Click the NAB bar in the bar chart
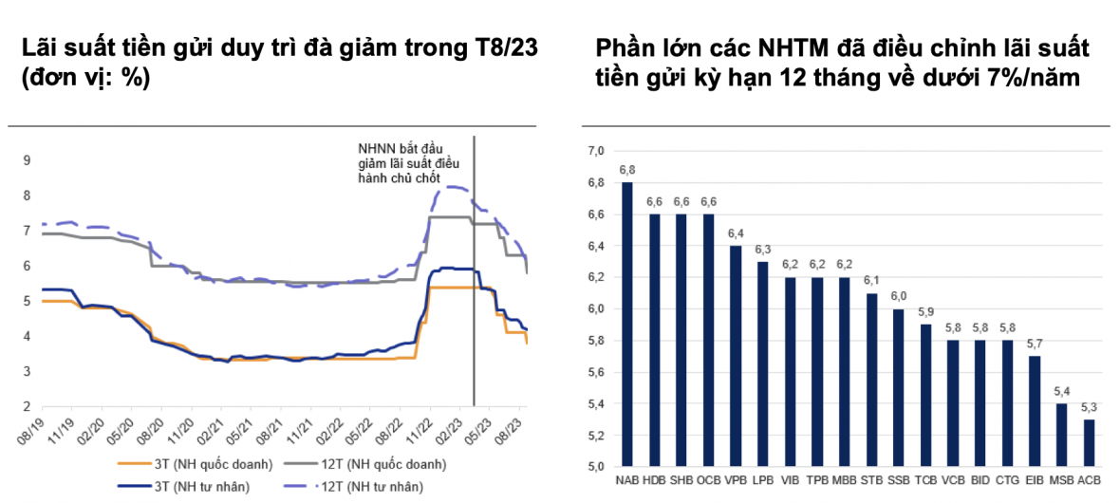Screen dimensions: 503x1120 [627, 323]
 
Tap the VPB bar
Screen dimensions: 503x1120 [736, 356]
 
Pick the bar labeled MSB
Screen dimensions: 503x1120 [1061, 435]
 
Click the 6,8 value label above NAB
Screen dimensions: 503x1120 [627, 170]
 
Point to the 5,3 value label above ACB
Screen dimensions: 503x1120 [1089, 407]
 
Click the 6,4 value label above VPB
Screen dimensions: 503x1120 [736, 233]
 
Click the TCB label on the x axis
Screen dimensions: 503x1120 [925, 480]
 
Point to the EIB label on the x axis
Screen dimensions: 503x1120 [1035, 480]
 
